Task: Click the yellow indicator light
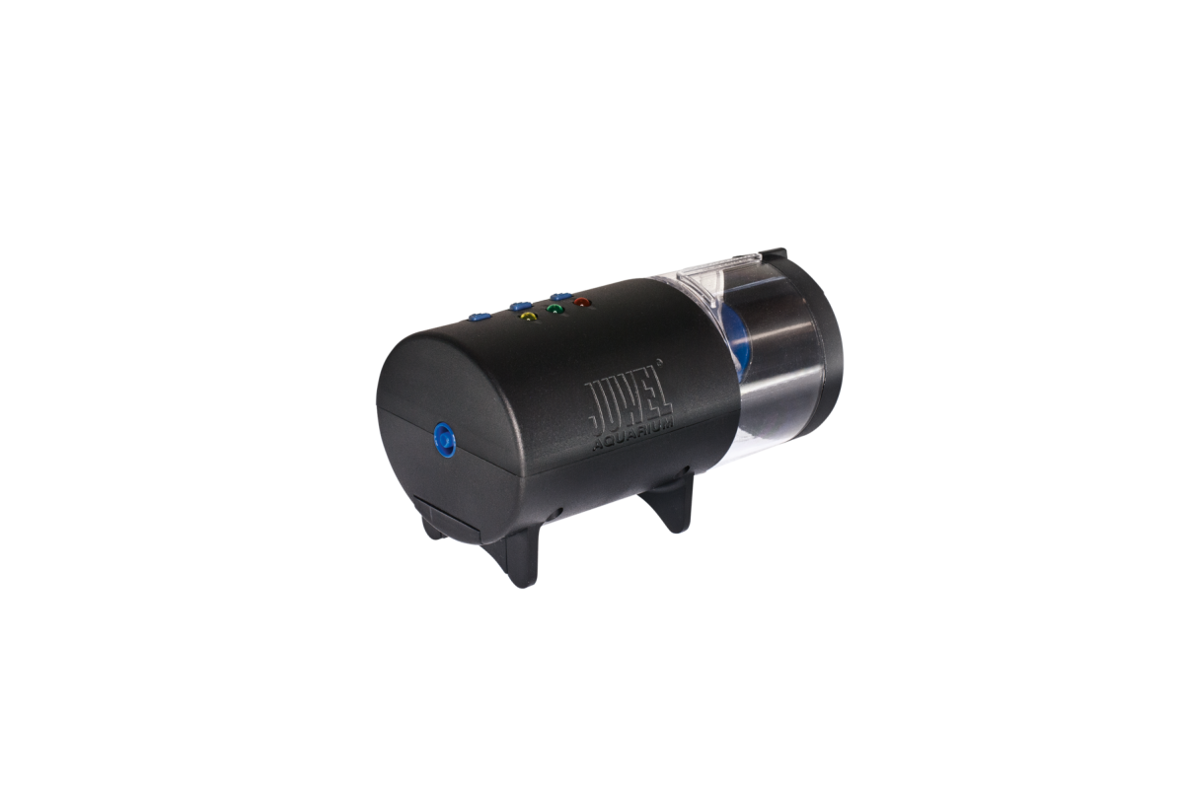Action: (x=528, y=318)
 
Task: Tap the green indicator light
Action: (x=555, y=309)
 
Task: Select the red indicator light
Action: (x=582, y=303)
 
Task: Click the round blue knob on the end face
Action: (x=445, y=439)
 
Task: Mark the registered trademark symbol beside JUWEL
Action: (x=659, y=362)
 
